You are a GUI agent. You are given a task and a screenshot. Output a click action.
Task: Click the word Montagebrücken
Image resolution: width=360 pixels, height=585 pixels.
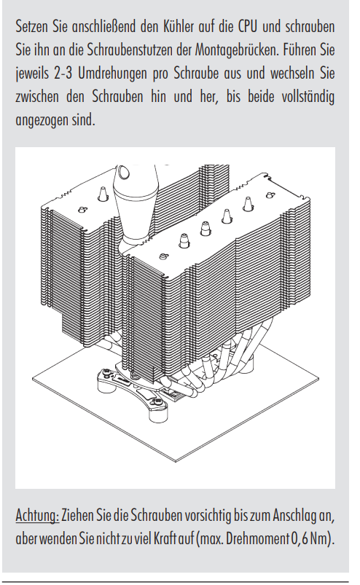pos(237,50)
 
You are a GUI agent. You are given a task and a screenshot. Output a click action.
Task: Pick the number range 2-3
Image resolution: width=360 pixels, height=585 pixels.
pos(63,74)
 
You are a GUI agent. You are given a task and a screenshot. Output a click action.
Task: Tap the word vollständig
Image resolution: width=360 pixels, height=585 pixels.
pos(308,97)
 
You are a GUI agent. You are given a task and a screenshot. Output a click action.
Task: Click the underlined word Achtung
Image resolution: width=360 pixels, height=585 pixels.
pos(37,516)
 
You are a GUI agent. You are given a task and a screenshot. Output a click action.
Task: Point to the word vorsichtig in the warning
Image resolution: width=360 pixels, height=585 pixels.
pos(205,516)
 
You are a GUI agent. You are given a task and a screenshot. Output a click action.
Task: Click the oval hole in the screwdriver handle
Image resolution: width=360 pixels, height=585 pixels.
pos(122,173)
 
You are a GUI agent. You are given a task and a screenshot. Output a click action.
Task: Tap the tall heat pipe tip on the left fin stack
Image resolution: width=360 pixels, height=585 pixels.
pos(102,194)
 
